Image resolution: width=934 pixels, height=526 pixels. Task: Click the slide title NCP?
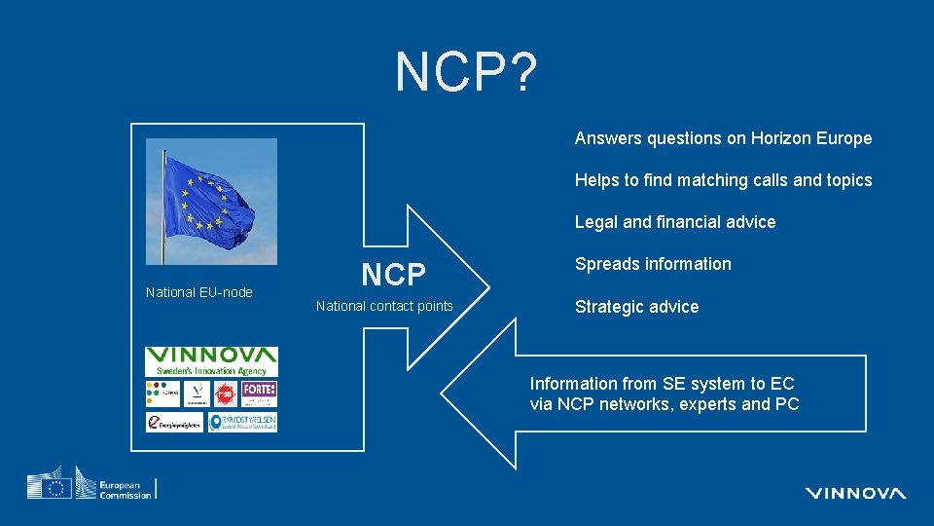466,71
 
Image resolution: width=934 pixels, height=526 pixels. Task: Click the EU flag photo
211,202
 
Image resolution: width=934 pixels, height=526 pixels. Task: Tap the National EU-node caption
198,292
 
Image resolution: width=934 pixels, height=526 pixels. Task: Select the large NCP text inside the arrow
393,275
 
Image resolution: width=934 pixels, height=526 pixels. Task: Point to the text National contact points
384,306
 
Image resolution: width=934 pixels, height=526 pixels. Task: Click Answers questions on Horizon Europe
723,138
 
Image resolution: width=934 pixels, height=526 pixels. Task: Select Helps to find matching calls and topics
723,180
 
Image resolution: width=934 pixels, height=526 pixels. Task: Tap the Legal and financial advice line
675,222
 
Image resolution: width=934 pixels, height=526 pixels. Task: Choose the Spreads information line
653,264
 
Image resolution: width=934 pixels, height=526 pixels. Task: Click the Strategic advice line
636,307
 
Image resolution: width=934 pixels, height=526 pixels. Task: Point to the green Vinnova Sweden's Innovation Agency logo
211,361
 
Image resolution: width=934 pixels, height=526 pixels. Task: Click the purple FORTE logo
260,393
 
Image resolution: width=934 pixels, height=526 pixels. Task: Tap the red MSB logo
225,394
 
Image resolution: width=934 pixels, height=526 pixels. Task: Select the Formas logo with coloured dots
162,393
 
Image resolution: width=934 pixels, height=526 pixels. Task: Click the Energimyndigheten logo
175,422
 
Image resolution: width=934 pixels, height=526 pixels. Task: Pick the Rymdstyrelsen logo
242,422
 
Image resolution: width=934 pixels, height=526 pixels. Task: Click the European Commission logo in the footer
91,484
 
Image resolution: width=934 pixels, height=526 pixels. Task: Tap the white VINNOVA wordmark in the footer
855,493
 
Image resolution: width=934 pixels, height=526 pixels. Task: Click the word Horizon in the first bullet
780,138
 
